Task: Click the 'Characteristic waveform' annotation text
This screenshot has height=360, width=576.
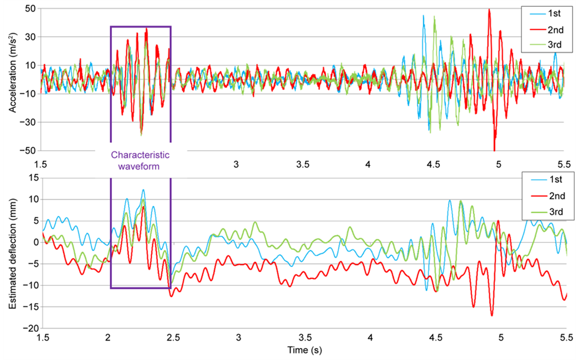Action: click(140, 160)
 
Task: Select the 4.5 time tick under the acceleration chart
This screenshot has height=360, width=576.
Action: click(434, 165)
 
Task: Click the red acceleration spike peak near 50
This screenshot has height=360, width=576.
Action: click(489, 9)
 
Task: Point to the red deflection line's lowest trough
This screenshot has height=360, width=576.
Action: click(492, 315)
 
